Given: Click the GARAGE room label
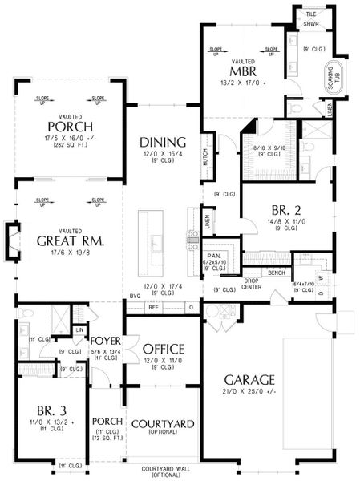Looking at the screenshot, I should (251, 379).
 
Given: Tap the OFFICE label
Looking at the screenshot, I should (164, 350).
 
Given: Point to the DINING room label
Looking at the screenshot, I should (163, 140).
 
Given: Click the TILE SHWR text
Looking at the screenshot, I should (309, 18).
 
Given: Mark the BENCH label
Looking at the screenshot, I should (277, 273).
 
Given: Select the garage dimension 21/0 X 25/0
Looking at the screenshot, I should (251, 391).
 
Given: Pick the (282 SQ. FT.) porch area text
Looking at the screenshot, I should (69, 144).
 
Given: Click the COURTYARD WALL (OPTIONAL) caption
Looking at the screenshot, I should (163, 471).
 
